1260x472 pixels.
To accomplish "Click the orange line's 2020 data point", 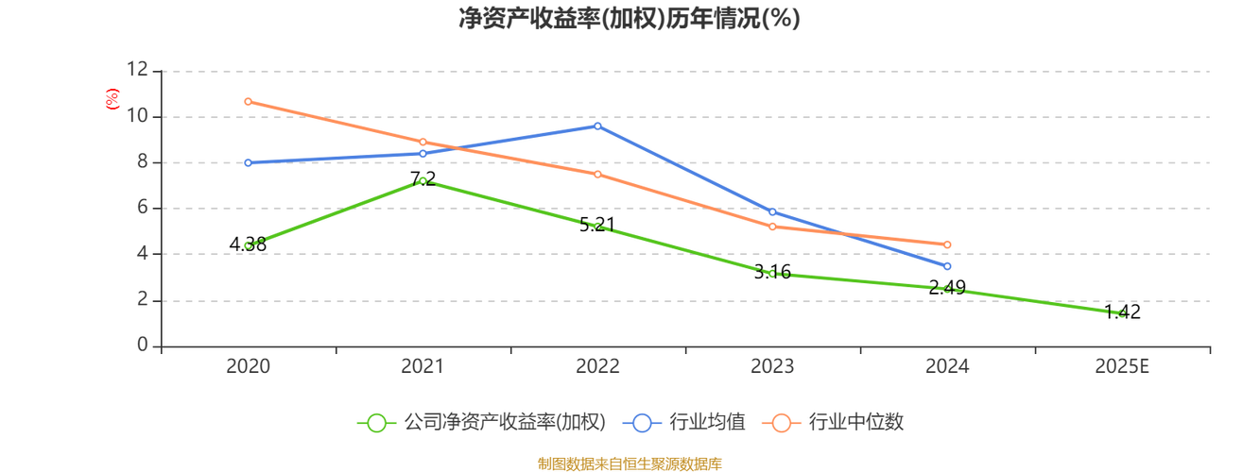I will [248, 101].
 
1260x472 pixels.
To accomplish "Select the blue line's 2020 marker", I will [248, 163].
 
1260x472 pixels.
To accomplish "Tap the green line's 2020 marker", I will [248, 244].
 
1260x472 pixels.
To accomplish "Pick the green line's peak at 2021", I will [423, 179].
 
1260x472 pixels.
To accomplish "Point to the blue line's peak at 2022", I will [597, 126].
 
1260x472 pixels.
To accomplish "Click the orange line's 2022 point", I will [597, 174].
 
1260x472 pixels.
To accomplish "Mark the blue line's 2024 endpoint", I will [947, 267].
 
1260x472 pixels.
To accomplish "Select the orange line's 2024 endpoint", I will [947, 244].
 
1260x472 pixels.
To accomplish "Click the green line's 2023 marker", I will [772, 274].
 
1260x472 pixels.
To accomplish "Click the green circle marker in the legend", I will [376, 423].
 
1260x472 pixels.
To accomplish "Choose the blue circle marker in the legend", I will [642, 423].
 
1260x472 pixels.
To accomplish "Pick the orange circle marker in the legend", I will [781, 423].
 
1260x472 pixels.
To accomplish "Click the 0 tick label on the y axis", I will [142, 346].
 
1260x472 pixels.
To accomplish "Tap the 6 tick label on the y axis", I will [142, 208].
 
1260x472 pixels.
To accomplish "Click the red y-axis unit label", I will [112, 96].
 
